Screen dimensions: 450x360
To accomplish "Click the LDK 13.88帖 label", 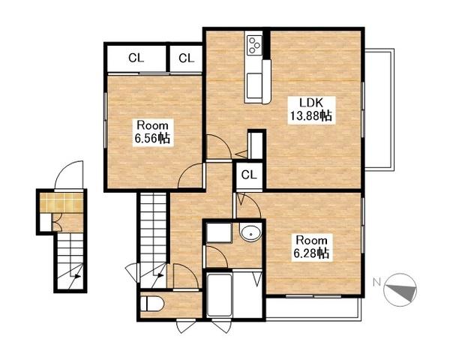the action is [311, 110].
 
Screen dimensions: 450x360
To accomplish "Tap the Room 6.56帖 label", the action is [153, 132].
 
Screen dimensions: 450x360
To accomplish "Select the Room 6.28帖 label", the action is [312, 247].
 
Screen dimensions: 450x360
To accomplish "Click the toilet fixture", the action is [152, 304].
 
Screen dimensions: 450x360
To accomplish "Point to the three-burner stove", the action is [254, 45].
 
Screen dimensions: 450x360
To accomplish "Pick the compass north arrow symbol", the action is [401, 290].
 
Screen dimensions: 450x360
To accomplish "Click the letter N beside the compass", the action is [376, 283].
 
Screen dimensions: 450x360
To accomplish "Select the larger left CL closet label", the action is [136, 58].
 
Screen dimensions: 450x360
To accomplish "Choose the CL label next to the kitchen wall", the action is [186, 58].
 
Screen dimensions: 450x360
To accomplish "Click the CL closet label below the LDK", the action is [249, 174].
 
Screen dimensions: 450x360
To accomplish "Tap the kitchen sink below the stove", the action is [254, 85].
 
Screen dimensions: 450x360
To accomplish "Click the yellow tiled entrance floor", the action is [61, 202].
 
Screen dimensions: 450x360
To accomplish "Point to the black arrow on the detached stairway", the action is [76, 277].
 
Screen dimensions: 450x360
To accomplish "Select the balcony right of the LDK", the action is [379, 110].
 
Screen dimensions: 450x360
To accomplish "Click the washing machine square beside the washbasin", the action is [219, 232].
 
